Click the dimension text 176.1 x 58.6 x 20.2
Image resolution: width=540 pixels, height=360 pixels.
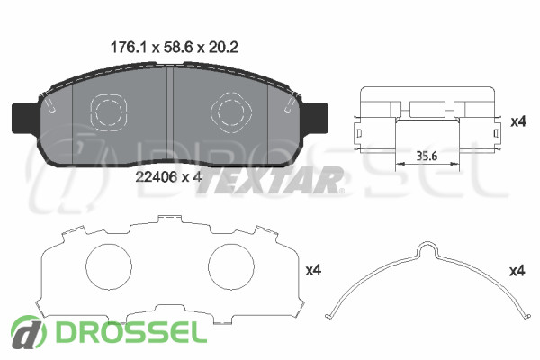[x=174, y=48]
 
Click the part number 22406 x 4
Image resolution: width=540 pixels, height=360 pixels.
[x=168, y=177]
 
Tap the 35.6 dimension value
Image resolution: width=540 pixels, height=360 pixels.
[x=427, y=156]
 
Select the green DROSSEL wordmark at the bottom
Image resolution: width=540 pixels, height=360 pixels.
[x=131, y=333]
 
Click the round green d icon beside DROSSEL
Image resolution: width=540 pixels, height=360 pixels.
[x=28, y=332]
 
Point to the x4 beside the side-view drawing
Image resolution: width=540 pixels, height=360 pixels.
[x=518, y=121]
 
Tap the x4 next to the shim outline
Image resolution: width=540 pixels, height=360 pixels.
[x=313, y=270]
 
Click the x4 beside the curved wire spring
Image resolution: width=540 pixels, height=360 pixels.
[x=517, y=271]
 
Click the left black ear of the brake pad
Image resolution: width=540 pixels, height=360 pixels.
[x=25, y=118]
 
